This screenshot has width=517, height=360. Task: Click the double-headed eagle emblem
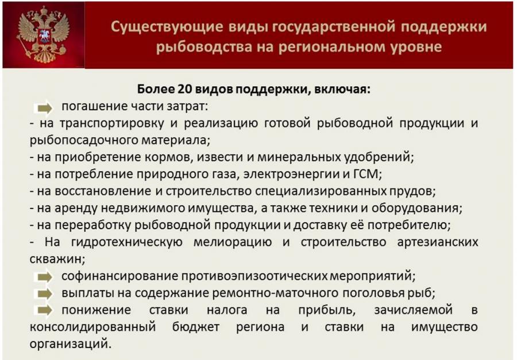[43, 34]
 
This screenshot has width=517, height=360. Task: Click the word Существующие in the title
[167, 27]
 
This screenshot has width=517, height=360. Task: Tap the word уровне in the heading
[415, 47]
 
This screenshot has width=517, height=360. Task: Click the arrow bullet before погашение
[44, 108]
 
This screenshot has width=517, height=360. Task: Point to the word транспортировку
[111, 123]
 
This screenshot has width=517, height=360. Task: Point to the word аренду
[76, 208]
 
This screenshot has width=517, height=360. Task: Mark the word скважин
[57, 260]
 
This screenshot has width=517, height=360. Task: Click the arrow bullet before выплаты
[44, 294]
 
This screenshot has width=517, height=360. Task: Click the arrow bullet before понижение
[44, 311]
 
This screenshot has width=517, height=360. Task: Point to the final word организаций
[70, 344]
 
